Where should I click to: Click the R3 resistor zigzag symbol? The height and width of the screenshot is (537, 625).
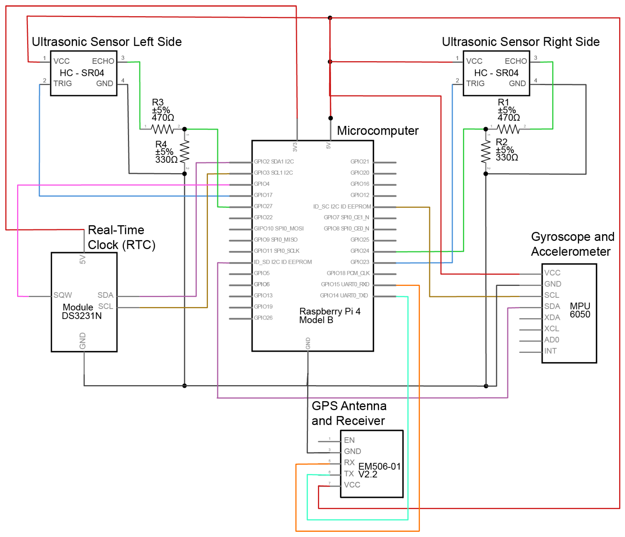click(x=162, y=130)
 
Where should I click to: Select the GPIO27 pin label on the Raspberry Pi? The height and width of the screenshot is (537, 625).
click(x=263, y=206)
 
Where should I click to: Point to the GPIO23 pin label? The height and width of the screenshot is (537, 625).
click(x=360, y=262)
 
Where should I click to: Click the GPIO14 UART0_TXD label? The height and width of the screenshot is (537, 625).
click(x=344, y=296)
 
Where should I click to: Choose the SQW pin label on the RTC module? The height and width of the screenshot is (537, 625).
click(x=63, y=295)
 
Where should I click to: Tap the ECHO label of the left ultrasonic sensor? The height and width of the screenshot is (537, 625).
click(x=103, y=61)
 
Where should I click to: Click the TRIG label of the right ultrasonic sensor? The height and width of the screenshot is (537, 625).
click(x=475, y=84)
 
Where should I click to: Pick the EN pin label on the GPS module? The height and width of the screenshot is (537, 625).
click(x=349, y=440)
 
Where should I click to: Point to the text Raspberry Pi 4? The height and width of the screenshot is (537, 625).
click(x=330, y=311)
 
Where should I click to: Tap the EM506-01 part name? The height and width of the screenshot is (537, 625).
click(x=379, y=467)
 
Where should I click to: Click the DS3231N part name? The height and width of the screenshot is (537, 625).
click(x=82, y=316)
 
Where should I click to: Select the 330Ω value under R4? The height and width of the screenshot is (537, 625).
click(x=166, y=160)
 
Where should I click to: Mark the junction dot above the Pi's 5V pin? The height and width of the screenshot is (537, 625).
click(x=330, y=118)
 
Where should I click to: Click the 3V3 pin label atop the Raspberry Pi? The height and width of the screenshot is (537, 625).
click(x=295, y=147)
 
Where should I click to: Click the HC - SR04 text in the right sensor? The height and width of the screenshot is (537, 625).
click(x=496, y=73)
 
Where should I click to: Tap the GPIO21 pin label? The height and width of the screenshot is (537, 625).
click(x=360, y=162)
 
